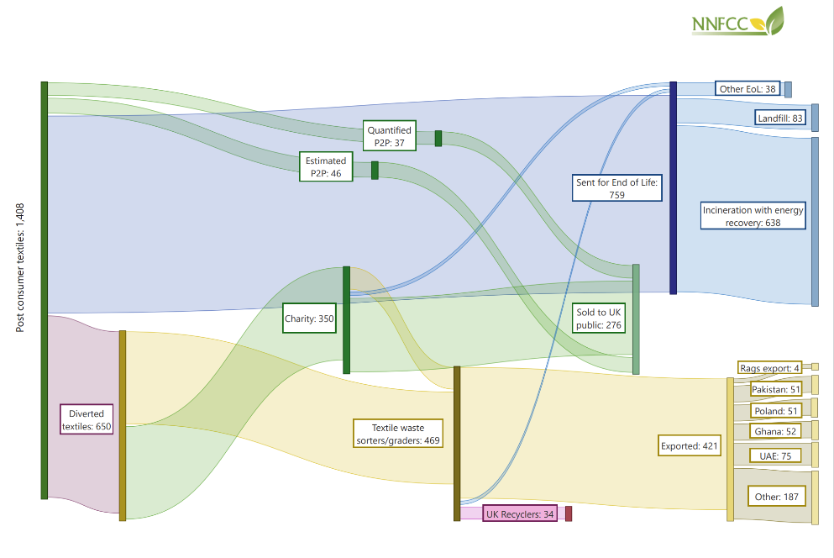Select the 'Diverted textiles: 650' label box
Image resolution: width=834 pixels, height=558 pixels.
click(x=87, y=419)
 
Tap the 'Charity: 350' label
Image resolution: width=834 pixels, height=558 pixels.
click(x=309, y=318)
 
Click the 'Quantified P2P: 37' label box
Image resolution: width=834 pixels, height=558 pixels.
click(x=390, y=136)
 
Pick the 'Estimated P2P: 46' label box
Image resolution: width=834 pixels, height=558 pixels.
click(x=326, y=166)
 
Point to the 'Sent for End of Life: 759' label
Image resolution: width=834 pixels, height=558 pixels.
click(x=617, y=187)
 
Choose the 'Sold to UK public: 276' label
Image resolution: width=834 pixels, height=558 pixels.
click(x=599, y=318)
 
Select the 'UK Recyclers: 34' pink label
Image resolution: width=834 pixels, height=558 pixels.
click(x=520, y=513)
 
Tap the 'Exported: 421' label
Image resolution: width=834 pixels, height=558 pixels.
click(x=690, y=446)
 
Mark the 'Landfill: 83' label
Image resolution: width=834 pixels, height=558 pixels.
click(x=780, y=118)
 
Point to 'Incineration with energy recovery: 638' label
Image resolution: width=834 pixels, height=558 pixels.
click(x=753, y=216)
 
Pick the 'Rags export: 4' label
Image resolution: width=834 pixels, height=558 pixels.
click(x=768, y=367)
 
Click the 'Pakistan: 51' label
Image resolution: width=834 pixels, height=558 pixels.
click(x=775, y=389)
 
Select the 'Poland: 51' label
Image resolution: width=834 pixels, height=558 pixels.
click(x=775, y=410)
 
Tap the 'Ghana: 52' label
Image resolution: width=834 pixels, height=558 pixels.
click(x=774, y=431)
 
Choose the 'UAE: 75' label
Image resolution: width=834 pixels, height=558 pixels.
click(x=774, y=455)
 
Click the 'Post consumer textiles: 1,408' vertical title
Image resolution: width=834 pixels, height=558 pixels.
click(x=20, y=266)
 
